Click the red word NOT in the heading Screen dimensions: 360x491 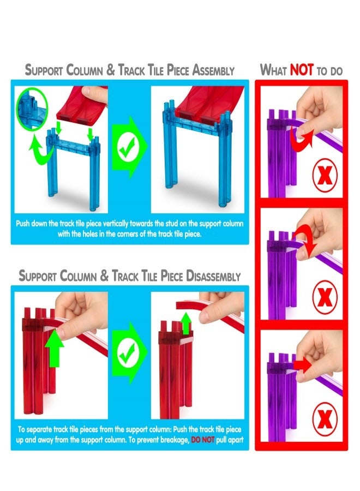tap(302, 69)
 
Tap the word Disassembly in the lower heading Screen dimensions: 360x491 tap(213, 276)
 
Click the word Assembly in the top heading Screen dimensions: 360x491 tap(213, 70)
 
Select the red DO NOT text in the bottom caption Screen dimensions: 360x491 tap(202, 440)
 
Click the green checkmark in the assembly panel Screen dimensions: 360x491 tap(127, 147)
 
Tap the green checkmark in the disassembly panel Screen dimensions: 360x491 tap(127, 353)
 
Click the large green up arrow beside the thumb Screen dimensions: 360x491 tap(54, 348)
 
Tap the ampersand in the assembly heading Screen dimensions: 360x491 tap(111, 70)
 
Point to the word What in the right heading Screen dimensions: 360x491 tap(274, 70)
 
